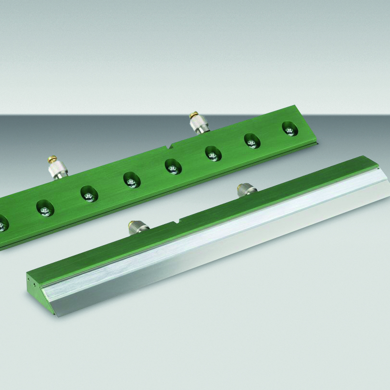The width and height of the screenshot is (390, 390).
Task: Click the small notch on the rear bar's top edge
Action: pos(170,145)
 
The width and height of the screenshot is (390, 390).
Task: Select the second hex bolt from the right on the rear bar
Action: pos(252,141)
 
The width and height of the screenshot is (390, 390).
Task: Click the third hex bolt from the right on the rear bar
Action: pos(213,154)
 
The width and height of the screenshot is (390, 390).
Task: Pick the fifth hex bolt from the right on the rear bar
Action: pos(131,181)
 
